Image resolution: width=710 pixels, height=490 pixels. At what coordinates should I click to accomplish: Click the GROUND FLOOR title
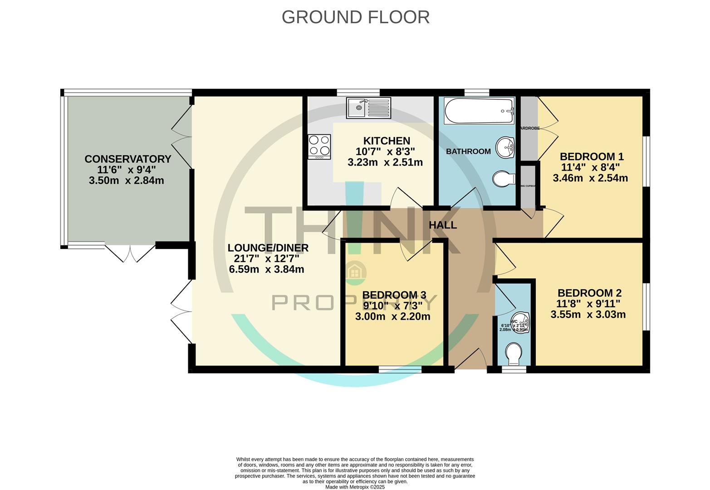click(x=355, y=17)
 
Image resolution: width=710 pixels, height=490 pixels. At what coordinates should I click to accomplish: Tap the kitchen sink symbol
click(x=368, y=108)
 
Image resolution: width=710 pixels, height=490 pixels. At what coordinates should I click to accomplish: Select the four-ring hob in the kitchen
click(x=319, y=146)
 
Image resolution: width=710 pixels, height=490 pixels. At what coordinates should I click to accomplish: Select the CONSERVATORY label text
click(x=127, y=159)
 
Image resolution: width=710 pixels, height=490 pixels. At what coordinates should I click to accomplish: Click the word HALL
click(x=443, y=225)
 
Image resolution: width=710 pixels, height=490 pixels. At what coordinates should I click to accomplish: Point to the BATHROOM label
click(x=468, y=152)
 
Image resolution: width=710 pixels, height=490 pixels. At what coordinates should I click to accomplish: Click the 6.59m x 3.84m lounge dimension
click(x=266, y=269)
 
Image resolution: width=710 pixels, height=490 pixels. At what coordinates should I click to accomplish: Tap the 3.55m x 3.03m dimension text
click(x=588, y=314)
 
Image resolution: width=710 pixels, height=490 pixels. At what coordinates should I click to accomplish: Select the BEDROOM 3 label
click(x=394, y=295)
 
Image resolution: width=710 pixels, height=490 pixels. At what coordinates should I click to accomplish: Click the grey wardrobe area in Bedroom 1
click(x=529, y=128)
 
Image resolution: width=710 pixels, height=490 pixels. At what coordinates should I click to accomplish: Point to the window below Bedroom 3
click(x=400, y=370)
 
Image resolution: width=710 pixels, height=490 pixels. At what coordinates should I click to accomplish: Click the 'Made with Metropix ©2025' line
click(x=355, y=487)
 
